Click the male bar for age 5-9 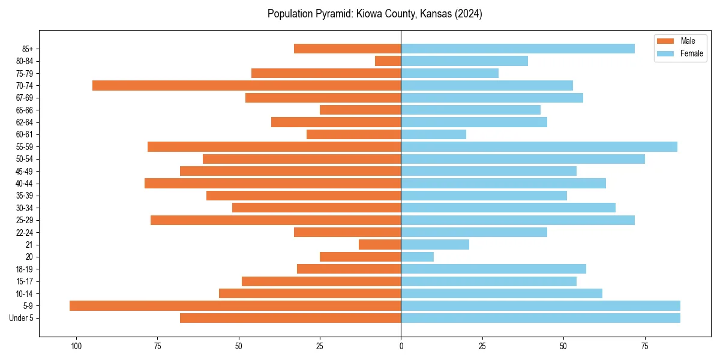coord(235,305)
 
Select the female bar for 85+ coord(518,49)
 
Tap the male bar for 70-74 coord(247,85)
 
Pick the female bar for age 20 coord(417,257)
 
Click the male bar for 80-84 coord(388,61)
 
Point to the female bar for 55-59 coord(539,146)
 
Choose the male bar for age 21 coord(380,244)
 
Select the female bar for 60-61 coord(433,134)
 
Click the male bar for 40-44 coord(272,183)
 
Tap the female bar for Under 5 coord(540,318)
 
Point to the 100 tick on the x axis coord(76,346)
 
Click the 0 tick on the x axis coord(401,346)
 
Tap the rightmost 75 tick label coord(644,346)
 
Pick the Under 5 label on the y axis coord(21,318)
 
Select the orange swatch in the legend coord(665,41)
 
